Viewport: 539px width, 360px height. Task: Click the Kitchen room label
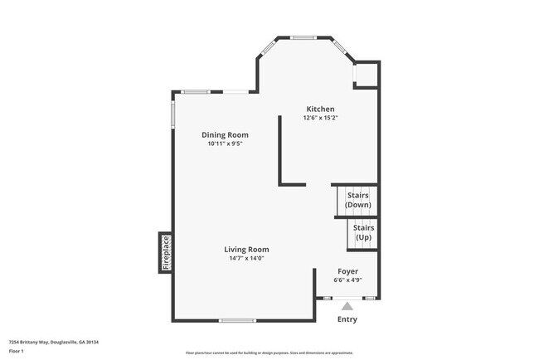coord(320,109)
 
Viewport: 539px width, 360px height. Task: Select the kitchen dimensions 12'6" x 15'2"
coord(320,119)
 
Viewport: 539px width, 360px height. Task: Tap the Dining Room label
coord(225,135)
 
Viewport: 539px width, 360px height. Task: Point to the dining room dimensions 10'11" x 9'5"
coord(225,144)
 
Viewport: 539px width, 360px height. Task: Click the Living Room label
coord(246,250)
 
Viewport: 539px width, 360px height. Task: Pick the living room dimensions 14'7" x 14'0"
coord(246,259)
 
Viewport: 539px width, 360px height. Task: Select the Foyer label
coord(347,271)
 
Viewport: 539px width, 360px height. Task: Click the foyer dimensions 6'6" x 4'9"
coord(347,280)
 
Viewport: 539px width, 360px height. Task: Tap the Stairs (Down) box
coord(357,200)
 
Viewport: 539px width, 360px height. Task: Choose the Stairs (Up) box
coord(363,232)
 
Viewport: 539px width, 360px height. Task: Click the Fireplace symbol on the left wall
coord(166,253)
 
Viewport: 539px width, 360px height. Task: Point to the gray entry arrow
coord(347,306)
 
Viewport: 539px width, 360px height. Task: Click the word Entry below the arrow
coord(347,319)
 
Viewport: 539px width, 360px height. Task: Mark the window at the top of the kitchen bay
coord(303,37)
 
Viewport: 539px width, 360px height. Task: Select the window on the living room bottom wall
coord(237,320)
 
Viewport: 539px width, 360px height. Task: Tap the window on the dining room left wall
coord(172,114)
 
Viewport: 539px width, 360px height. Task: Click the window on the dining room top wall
coord(202,91)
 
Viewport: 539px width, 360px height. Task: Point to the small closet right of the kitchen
coord(366,74)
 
